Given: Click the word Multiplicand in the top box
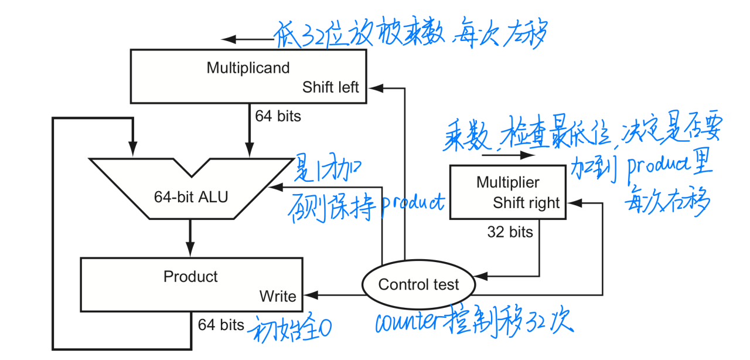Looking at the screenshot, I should pyautogui.click(x=248, y=68).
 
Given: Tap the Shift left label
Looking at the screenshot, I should pyautogui.click(x=330, y=87).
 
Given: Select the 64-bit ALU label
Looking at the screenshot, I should pyautogui.click(x=191, y=197).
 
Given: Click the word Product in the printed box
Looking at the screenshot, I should pyautogui.click(x=190, y=277).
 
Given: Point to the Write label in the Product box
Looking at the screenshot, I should pyautogui.click(x=278, y=296).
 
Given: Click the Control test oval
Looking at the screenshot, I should pyautogui.click(x=418, y=285).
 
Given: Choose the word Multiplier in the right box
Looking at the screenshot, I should pyautogui.click(x=507, y=182).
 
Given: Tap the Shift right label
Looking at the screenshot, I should pyautogui.click(x=526, y=203).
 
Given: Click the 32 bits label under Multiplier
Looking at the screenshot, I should pyautogui.click(x=510, y=232).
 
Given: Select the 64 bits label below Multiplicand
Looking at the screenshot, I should pyautogui.click(x=278, y=116).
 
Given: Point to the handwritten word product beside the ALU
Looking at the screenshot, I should pyautogui.click(x=412, y=203).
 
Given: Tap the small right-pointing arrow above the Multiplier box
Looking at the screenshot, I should pyautogui.click(x=529, y=155).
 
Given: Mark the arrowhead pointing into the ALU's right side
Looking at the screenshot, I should pyautogui.click(x=274, y=186).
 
